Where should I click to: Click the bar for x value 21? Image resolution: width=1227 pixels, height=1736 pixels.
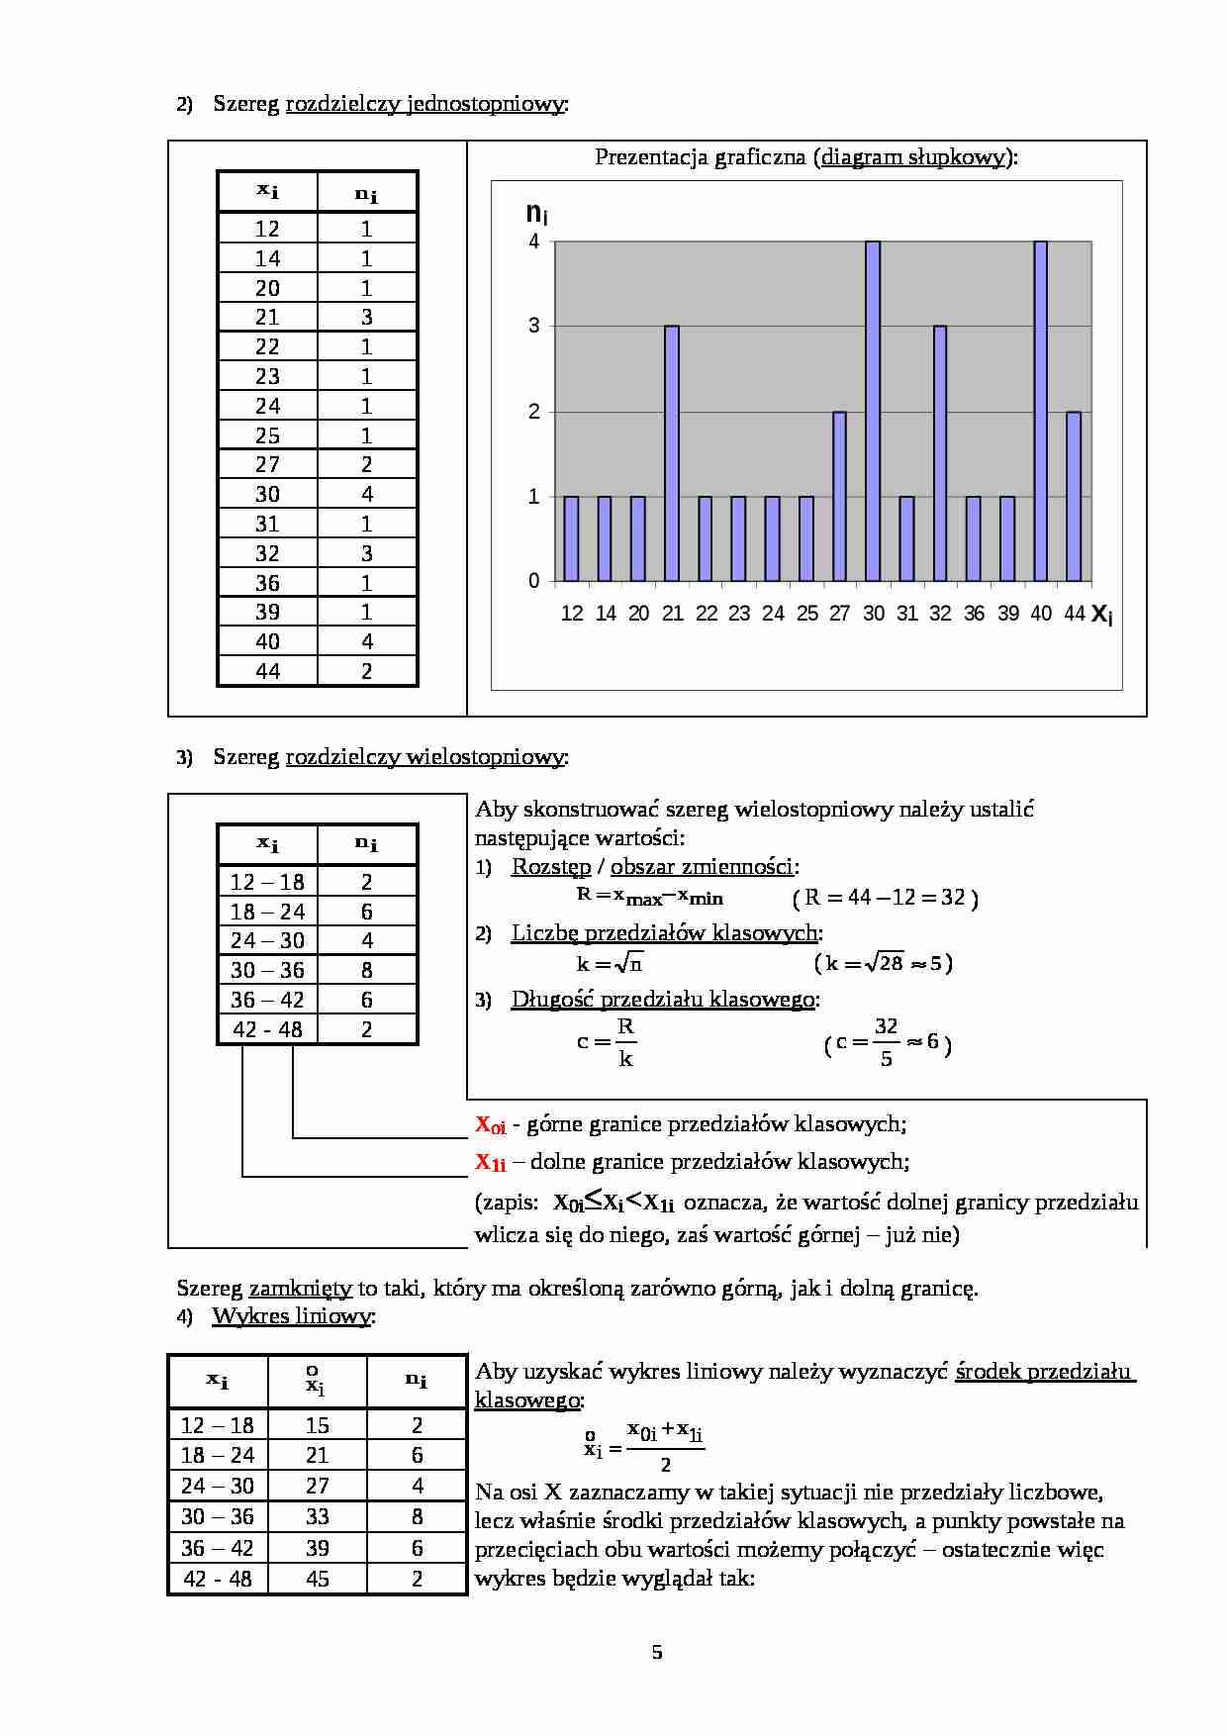click(x=672, y=452)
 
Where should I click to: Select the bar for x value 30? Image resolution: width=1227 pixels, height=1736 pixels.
click(x=873, y=411)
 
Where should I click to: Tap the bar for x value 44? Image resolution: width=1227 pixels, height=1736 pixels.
click(x=1074, y=495)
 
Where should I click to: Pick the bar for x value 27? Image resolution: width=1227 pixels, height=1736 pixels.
click(x=839, y=495)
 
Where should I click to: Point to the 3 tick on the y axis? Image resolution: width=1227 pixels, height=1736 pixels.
click(x=534, y=326)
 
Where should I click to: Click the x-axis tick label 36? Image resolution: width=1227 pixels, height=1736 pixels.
click(x=974, y=614)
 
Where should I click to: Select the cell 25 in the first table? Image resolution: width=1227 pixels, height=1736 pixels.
click(x=267, y=435)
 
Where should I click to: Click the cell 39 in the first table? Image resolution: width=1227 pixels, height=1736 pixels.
click(x=267, y=612)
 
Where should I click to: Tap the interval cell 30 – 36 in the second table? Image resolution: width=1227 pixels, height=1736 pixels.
click(x=267, y=970)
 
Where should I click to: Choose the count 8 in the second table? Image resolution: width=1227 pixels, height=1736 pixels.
click(x=367, y=970)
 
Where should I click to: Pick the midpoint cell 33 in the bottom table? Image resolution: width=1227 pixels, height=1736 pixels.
click(x=318, y=1516)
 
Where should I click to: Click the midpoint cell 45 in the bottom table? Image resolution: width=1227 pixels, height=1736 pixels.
click(x=318, y=1579)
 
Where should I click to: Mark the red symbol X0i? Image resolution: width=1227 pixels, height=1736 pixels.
click(x=490, y=1124)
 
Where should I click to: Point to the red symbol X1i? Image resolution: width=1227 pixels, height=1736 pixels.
click(x=490, y=1162)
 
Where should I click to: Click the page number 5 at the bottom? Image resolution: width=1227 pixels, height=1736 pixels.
click(x=657, y=1652)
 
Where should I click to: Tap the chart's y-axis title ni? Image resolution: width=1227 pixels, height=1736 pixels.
click(x=536, y=213)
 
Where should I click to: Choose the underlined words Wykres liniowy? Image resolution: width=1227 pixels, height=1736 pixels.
click(x=292, y=1316)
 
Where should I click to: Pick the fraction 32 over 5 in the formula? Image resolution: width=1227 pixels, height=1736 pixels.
click(x=886, y=1042)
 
